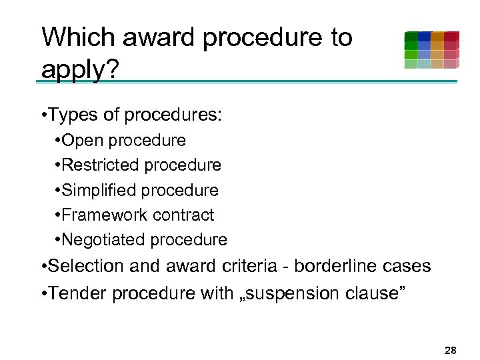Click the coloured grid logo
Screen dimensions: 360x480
[x=431, y=50]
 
